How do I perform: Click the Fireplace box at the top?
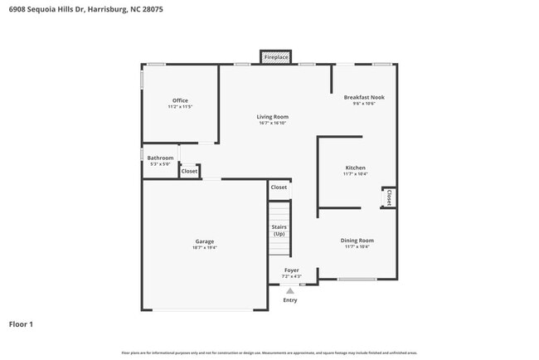coord(276,57)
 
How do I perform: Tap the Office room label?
coord(180,100)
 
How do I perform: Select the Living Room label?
coord(272,117)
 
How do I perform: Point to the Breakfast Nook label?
coord(364,97)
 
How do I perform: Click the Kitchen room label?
coord(355,168)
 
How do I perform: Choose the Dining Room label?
coord(357,240)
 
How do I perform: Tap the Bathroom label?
coord(160,158)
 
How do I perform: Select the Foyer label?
coord(291,270)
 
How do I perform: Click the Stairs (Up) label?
coord(279,230)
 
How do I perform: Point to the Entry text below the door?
coord(289,299)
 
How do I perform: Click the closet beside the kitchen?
coord(388,197)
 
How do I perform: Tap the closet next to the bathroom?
coord(189,171)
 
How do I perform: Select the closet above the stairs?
coord(279,187)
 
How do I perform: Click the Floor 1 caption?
coord(21,324)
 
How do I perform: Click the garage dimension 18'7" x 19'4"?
coord(205,247)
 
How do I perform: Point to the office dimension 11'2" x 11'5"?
coord(180,107)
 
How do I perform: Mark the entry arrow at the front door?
coord(289,290)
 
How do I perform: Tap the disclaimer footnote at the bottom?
coord(269,353)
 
